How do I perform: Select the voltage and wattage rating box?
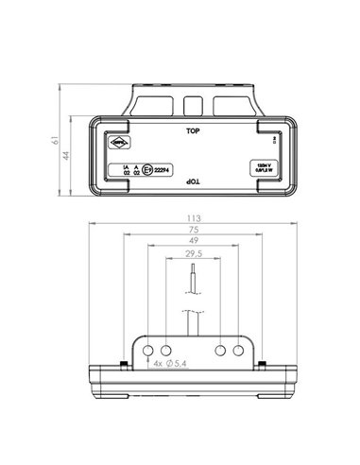261,167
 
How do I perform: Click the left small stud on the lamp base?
123,365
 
